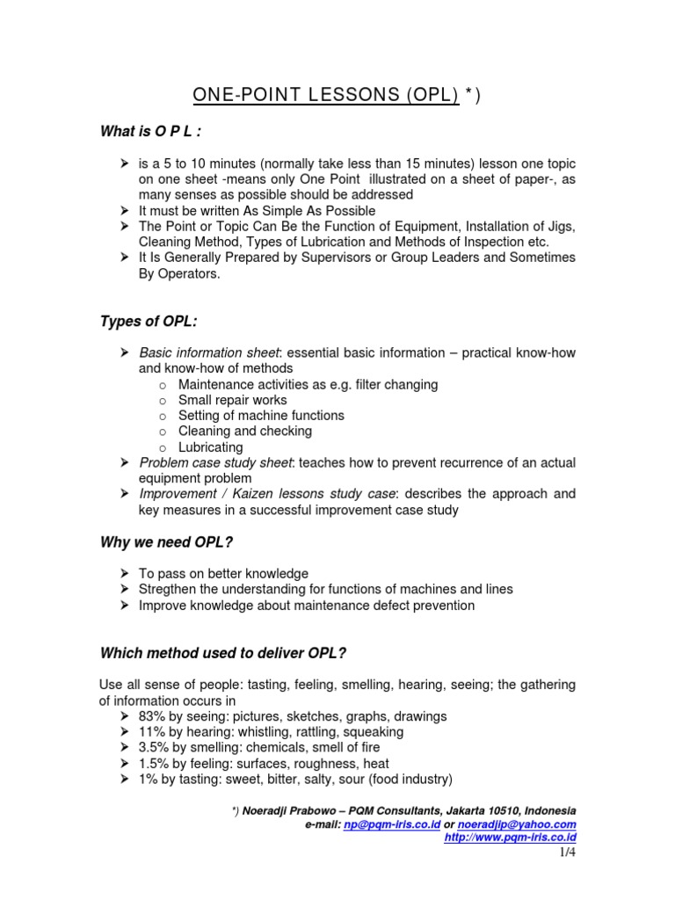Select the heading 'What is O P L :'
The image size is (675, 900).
coord(152,132)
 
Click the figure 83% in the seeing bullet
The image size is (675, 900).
coord(154,716)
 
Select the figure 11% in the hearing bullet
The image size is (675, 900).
coord(154,732)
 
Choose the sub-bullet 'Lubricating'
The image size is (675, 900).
coord(210,447)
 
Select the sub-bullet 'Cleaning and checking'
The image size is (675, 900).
coord(244,432)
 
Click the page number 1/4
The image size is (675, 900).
coord(567,853)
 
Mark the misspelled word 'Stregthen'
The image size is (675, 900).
coord(171,590)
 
